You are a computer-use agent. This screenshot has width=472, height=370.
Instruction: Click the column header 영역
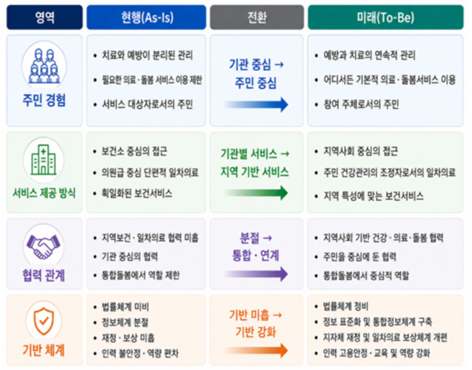point(44,17)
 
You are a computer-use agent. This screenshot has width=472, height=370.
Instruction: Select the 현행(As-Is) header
point(146,17)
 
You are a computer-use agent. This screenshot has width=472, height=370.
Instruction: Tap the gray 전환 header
point(257,17)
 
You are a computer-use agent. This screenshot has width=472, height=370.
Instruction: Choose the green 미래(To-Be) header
point(386,17)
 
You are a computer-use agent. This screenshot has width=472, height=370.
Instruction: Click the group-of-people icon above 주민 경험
point(44,66)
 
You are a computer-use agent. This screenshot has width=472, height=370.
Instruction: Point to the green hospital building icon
point(44,160)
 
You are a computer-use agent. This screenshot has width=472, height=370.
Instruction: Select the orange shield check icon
point(44,321)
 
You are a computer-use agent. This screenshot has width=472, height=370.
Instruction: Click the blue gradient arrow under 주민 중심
point(256,104)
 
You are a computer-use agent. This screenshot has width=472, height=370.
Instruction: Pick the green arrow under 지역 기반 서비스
point(256,193)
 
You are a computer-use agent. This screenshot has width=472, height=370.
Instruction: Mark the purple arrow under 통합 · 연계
point(256,274)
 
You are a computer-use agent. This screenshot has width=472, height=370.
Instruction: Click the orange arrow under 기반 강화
point(256,350)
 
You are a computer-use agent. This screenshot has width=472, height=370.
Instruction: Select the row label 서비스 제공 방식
point(44,193)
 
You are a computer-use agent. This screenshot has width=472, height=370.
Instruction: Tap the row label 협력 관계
point(44,275)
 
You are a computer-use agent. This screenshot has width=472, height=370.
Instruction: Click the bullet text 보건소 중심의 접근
point(134,151)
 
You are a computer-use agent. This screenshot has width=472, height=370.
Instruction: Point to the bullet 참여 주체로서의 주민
point(361,104)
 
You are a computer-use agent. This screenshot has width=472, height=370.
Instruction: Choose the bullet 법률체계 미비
point(125,307)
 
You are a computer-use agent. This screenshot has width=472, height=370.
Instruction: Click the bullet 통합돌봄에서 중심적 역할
point(366,275)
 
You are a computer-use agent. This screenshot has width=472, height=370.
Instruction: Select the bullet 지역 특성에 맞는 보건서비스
point(373,196)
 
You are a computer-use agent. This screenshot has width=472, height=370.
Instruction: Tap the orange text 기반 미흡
point(249,315)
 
